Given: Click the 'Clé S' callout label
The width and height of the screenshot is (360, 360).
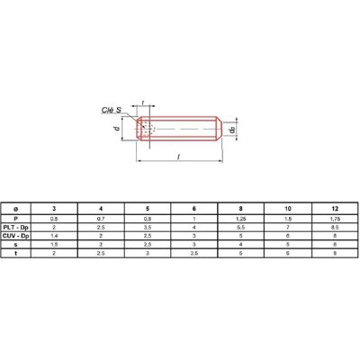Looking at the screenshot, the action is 112,110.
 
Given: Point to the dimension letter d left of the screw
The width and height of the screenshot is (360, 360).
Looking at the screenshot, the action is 117,129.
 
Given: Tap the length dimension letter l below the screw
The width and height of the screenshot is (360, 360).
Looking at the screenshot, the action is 179,157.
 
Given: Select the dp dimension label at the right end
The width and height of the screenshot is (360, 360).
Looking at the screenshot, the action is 231,130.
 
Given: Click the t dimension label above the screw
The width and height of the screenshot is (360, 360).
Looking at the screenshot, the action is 143,103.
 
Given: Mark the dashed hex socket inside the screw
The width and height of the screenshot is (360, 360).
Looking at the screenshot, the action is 148,129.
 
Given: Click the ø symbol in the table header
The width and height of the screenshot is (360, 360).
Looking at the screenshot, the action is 16,209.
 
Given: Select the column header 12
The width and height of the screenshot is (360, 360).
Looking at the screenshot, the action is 335,209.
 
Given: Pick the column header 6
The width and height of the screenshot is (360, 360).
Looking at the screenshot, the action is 194,209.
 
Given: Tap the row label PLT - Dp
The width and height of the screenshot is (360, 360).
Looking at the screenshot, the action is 16,228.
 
